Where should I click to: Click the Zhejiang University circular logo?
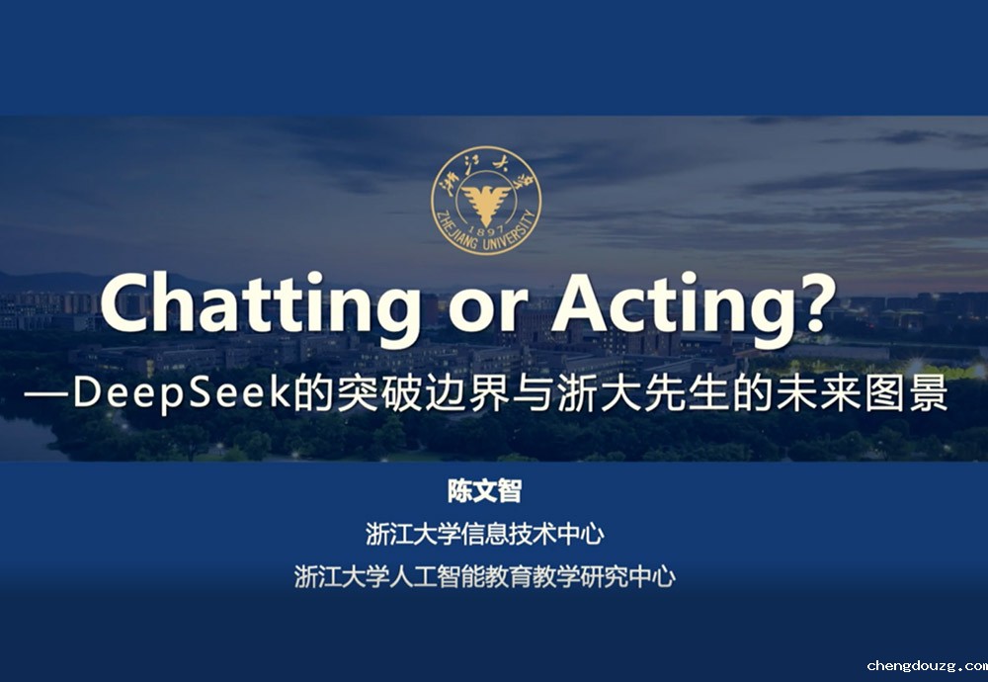pyautogui.click(x=486, y=201)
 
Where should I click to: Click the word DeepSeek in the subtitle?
pyautogui.click(x=181, y=392)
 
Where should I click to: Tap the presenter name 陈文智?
pyautogui.click(x=484, y=491)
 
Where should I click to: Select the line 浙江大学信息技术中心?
pyautogui.click(x=484, y=534)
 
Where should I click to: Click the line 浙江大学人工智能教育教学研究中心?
pyautogui.click(x=484, y=576)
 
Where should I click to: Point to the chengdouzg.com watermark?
pyautogui.click(x=927, y=666)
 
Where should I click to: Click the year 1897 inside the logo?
pyautogui.click(x=486, y=230)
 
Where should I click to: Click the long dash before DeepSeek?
pyautogui.click(x=47, y=394)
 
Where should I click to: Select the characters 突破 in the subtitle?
pyautogui.click(x=378, y=393)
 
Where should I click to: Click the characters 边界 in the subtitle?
pyautogui.click(x=467, y=393)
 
